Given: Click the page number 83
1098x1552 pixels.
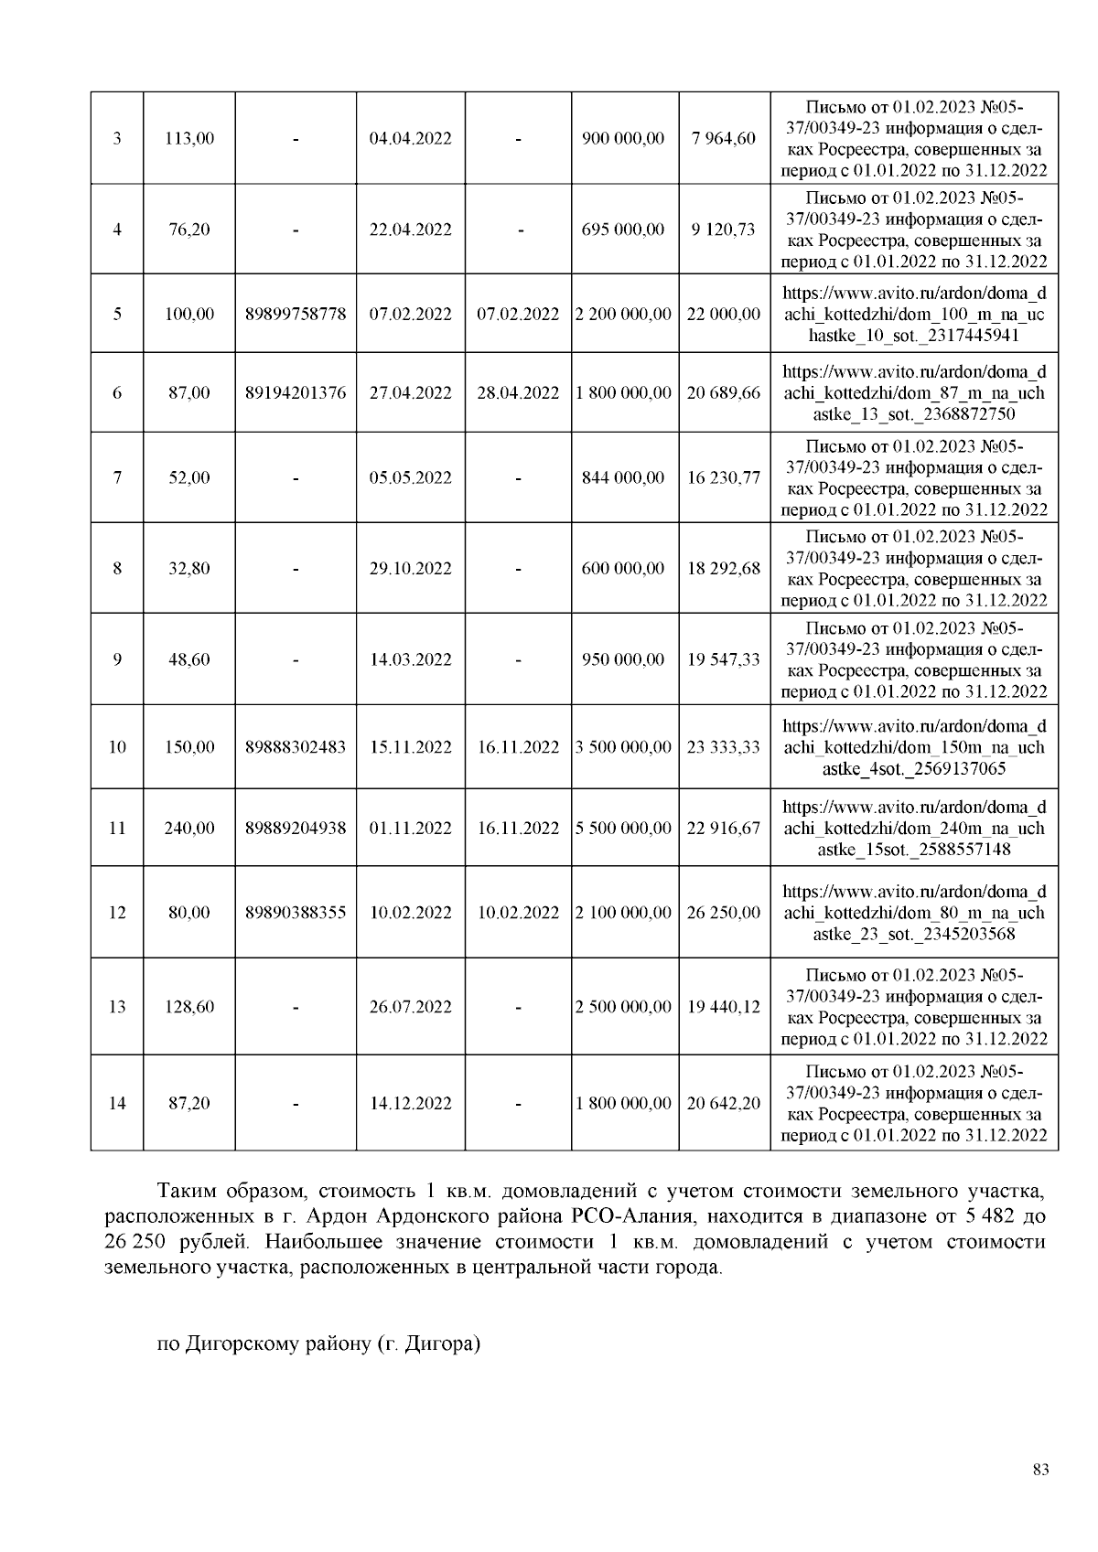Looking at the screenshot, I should pos(1040,1470).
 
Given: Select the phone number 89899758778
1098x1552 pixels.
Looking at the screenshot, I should pos(296,314).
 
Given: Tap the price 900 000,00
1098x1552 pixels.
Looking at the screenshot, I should pos(623,139).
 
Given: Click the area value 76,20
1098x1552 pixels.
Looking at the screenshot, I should pos(189,230).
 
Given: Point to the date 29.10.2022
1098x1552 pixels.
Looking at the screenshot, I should pos(410,568).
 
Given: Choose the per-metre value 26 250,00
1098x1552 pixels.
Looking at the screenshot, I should pos(723,913).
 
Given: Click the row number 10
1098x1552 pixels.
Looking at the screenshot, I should pos(117,747).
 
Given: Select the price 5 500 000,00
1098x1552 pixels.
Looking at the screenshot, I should pos(623,829).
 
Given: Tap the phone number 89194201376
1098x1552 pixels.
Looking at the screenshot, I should pos(296,393).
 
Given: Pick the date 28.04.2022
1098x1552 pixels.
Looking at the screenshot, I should pos(518,393).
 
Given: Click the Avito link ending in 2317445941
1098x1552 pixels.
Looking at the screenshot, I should pos(914,315).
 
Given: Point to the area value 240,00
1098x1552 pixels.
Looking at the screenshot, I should pos(189,829).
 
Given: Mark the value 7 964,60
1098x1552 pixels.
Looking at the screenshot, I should pos(723,139).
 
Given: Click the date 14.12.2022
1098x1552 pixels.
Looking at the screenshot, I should pos(410,1103).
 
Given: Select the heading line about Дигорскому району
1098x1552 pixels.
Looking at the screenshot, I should pos(318,1344).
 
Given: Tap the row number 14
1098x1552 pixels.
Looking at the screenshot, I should pos(117,1103).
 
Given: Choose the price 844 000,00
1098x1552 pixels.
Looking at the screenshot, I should pos(623,477).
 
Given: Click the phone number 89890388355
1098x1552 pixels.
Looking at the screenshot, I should pos(296,913).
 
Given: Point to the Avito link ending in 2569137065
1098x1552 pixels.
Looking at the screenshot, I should pos(914,747).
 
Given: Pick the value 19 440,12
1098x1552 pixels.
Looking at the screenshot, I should pos(723,1007).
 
